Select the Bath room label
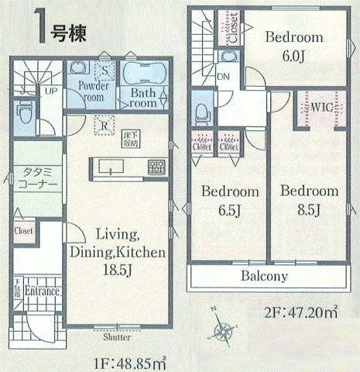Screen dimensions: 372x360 pos(143,98)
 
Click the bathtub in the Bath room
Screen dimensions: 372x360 pos(142,76)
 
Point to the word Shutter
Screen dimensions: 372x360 pos(115,339)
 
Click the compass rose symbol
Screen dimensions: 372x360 pos(222,330)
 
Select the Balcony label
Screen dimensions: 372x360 pos(263,276)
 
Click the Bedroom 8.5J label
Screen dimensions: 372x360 pos(309,199)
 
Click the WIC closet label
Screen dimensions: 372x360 pos(321,106)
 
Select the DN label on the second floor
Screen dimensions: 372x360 pos(223,76)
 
